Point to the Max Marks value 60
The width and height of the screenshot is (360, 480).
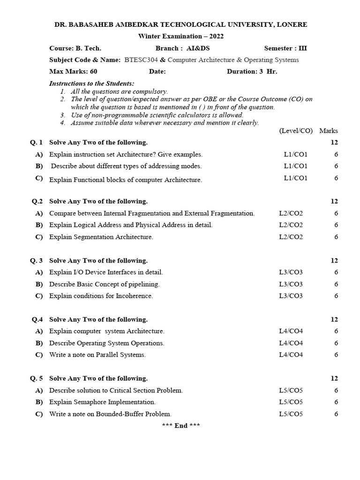point(93,72)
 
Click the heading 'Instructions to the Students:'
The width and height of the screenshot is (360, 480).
point(91,83)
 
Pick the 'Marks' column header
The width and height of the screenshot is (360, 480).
point(329,131)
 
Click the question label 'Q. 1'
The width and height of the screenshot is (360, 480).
point(37,142)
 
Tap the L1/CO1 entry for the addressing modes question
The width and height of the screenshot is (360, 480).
point(295,166)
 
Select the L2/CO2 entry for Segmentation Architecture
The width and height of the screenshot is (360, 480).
point(291,237)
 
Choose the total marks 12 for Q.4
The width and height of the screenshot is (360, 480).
point(334,320)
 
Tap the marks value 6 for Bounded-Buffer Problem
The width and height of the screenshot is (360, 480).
point(336,414)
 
